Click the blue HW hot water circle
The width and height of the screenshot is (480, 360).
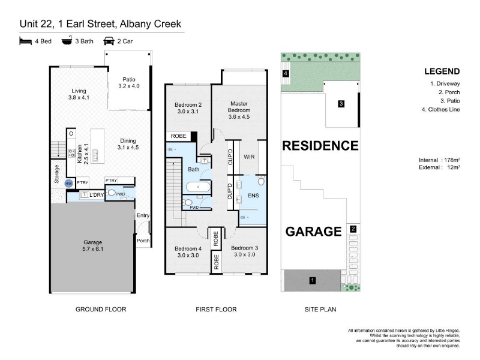(68, 184)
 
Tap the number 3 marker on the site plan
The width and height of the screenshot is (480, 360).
(341, 104)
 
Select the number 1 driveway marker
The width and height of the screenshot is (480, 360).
(313, 280)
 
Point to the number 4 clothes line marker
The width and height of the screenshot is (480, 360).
(286, 73)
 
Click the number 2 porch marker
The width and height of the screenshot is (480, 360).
(353, 229)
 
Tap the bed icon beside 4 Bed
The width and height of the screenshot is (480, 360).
(25, 41)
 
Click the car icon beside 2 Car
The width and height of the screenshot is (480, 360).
(109, 41)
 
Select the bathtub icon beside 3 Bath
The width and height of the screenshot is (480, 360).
(67, 40)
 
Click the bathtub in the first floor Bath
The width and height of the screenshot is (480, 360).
(198, 187)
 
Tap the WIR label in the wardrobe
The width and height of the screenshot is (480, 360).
(249, 157)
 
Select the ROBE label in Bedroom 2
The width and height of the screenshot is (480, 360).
(178, 136)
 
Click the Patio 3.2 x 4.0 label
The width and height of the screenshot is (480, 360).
(129, 83)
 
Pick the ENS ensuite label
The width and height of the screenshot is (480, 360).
(253, 196)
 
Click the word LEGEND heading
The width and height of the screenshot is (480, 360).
(442, 71)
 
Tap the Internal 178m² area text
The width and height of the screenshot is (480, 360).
(439, 160)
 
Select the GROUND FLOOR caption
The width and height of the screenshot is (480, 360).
(101, 310)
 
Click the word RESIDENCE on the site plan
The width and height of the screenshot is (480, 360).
(320, 146)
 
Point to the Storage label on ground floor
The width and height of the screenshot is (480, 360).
(56, 174)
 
